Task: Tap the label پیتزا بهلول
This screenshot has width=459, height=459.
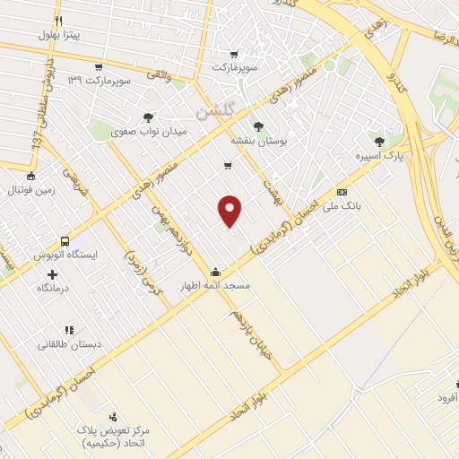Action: pyautogui.click(x=59, y=35)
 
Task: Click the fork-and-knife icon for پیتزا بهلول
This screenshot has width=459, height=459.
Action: pyautogui.click(x=58, y=21)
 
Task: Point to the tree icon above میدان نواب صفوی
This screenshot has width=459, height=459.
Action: pyautogui.click(x=148, y=117)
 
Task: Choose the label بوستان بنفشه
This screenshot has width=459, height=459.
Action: pyautogui.click(x=258, y=141)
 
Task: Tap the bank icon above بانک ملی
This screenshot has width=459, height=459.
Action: pyautogui.click(x=341, y=192)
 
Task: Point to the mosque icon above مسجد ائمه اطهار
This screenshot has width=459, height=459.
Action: pyautogui.click(x=215, y=272)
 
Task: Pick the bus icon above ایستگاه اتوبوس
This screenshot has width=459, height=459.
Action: pyautogui.click(x=65, y=241)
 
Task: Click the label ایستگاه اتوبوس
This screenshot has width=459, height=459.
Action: pyautogui.click(x=64, y=255)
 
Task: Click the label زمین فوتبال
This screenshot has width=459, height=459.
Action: pyautogui.click(x=30, y=190)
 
